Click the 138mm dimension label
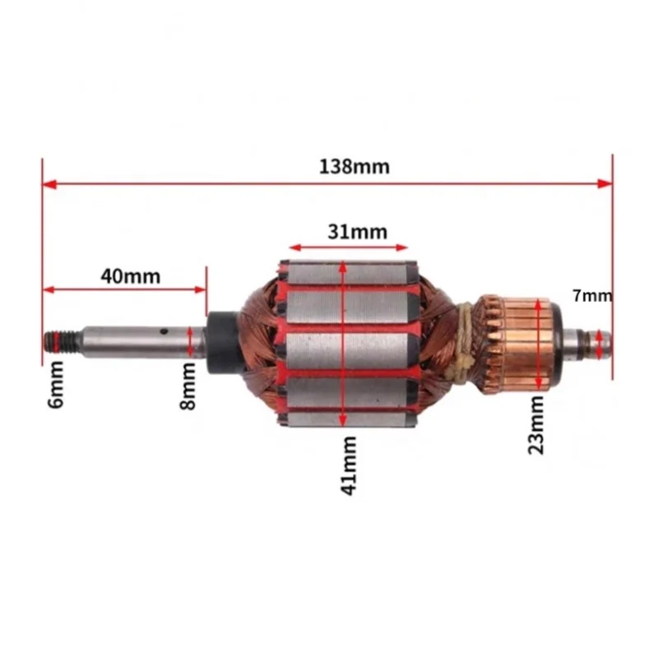[354, 166]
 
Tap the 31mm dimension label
[357, 231]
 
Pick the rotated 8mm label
[188, 389]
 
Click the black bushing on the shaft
[220, 341]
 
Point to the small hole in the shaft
[164, 332]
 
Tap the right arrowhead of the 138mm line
[606, 183]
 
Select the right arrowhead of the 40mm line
[200, 290]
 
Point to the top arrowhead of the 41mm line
[341, 268]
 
